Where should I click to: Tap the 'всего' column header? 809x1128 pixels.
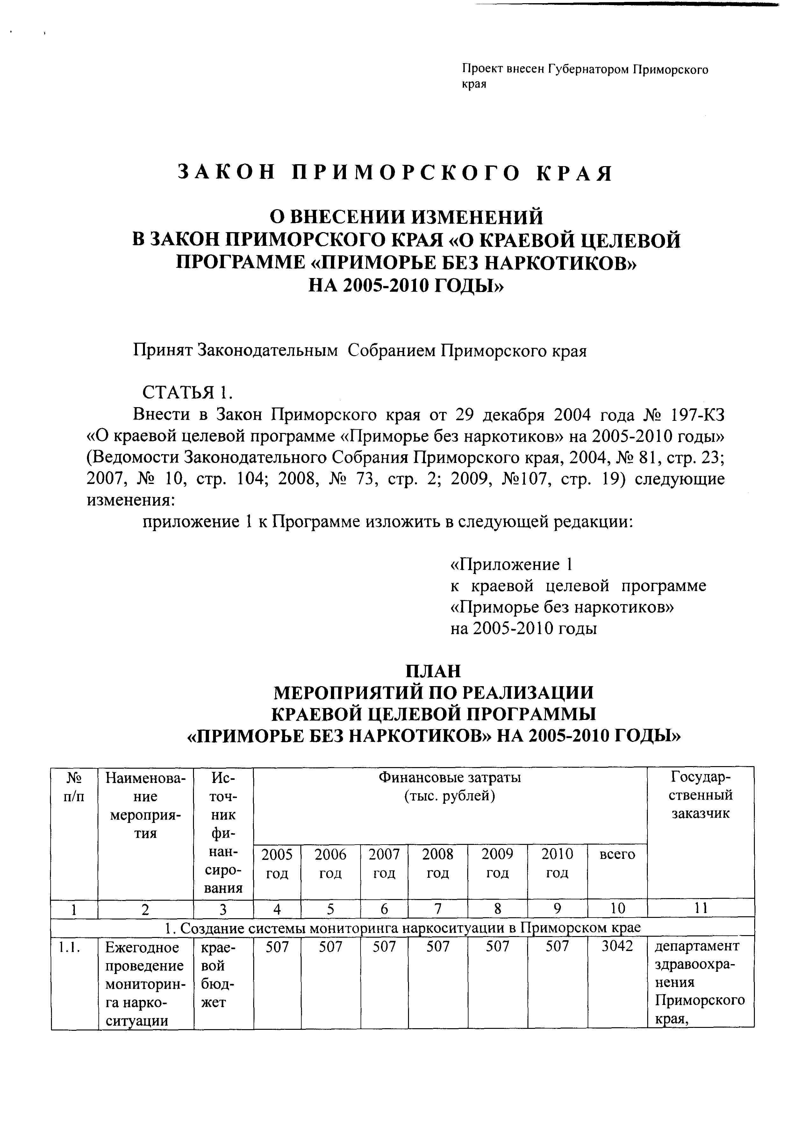(617, 854)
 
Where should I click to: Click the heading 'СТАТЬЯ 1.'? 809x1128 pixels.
(187, 392)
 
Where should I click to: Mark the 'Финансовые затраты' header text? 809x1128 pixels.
(450, 777)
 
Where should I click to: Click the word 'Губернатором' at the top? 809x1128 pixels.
(589, 69)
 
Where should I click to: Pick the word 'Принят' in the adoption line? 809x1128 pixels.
(163, 351)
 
